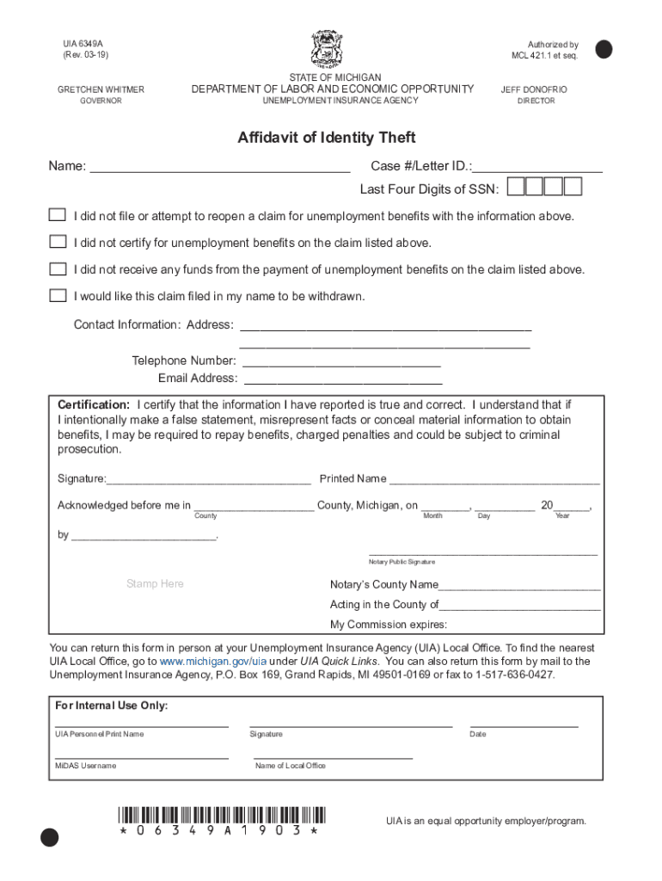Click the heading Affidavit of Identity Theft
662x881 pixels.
327,138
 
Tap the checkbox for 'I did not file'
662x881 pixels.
58,215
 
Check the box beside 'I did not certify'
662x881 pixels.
58,242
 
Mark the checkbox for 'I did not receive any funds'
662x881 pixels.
58,268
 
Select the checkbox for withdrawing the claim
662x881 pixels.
58,295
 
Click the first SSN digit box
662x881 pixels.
516,187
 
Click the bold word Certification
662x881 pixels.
94,404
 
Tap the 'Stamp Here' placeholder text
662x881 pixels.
155,583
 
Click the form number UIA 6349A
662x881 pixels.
83,44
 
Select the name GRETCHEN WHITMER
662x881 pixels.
101,89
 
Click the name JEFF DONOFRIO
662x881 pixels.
534,89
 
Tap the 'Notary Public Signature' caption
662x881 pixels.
402,562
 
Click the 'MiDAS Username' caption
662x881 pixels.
86,766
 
